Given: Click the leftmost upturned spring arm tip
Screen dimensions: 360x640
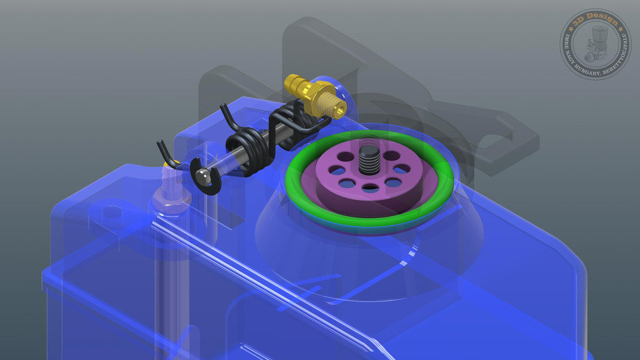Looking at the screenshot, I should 161,145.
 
